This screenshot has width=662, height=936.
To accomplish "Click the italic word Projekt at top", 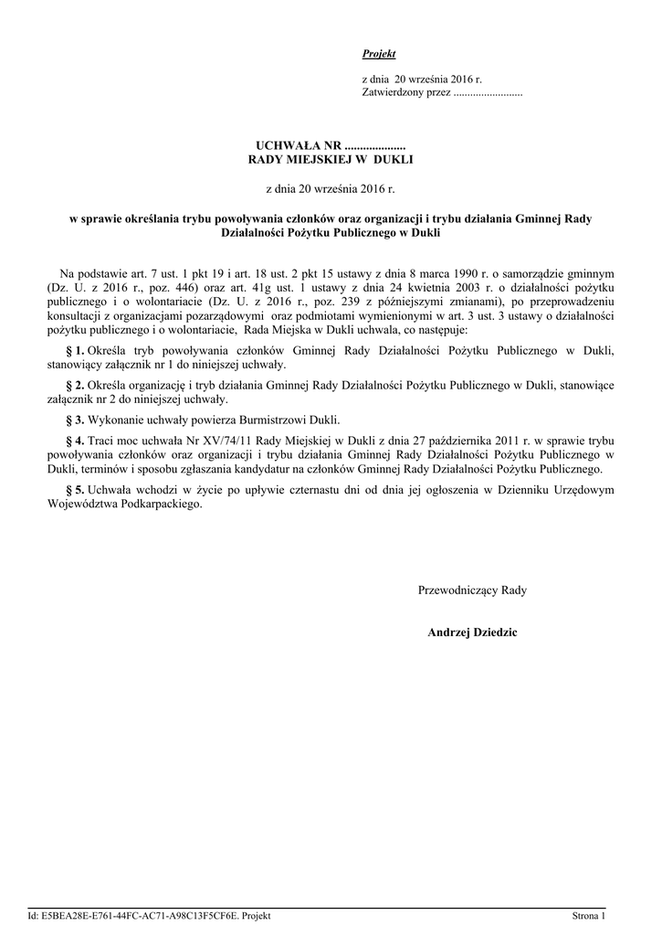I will [379, 55].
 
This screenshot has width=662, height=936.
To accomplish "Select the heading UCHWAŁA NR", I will [298, 146].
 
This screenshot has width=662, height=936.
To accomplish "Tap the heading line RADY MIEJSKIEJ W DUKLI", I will [331, 160].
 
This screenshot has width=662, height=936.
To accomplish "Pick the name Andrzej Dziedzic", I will [472, 633].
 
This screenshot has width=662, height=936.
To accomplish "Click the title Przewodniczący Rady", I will [472, 590].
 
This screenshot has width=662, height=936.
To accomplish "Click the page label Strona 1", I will [589, 916].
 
